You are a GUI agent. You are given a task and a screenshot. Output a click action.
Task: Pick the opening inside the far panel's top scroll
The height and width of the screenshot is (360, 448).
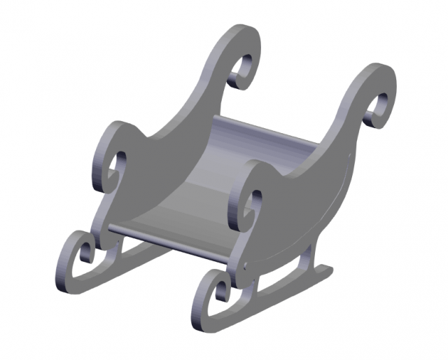pos(241,70)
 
